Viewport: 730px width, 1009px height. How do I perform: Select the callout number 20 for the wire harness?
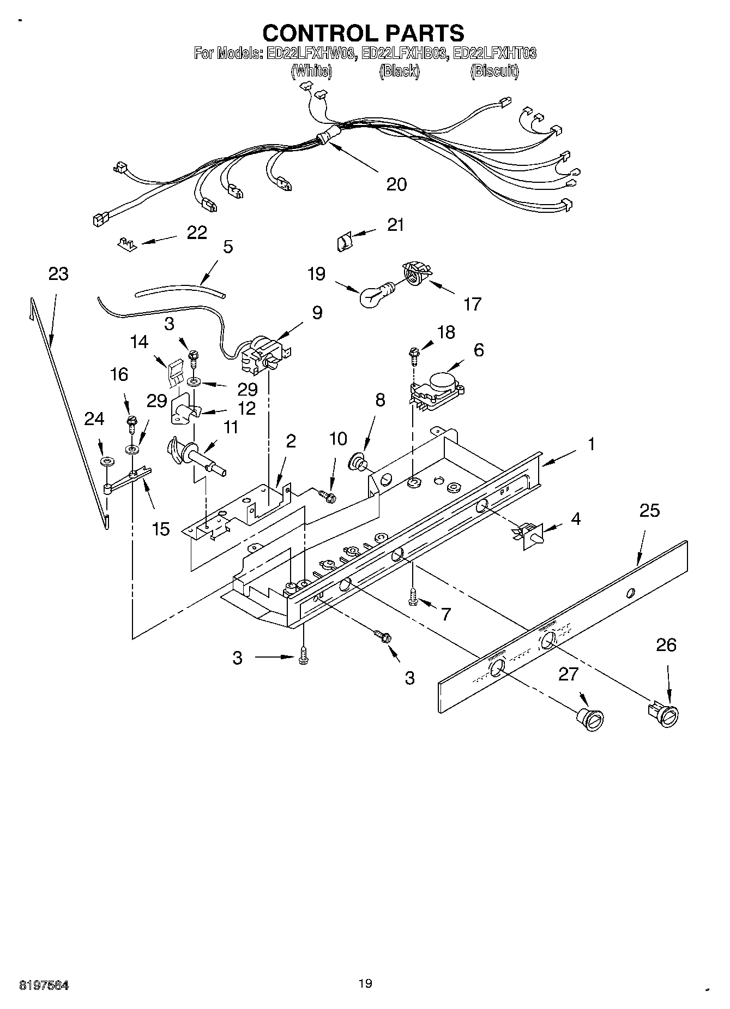coord(396,184)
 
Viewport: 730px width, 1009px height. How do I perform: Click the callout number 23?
coord(58,273)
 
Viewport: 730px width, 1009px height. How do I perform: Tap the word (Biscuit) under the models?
coord(494,71)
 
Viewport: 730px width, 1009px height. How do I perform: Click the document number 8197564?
coord(44,984)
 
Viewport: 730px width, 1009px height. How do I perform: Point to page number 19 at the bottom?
coord(365,983)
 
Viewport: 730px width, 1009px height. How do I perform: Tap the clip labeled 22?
coord(126,242)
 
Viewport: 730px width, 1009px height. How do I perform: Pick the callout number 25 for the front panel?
coord(649,511)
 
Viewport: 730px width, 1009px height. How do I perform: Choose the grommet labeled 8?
coord(358,460)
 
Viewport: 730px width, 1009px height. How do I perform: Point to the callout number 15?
coord(161,528)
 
